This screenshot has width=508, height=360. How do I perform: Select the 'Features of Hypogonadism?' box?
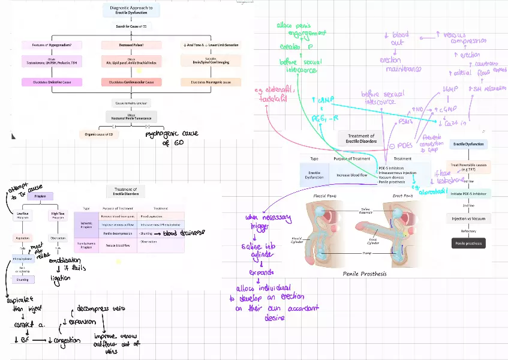(x=50, y=44)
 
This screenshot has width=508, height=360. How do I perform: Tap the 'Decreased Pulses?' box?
(x=131, y=44)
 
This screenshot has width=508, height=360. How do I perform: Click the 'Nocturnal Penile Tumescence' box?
(x=131, y=117)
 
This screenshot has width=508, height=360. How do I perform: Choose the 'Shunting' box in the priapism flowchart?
(x=23, y=279)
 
